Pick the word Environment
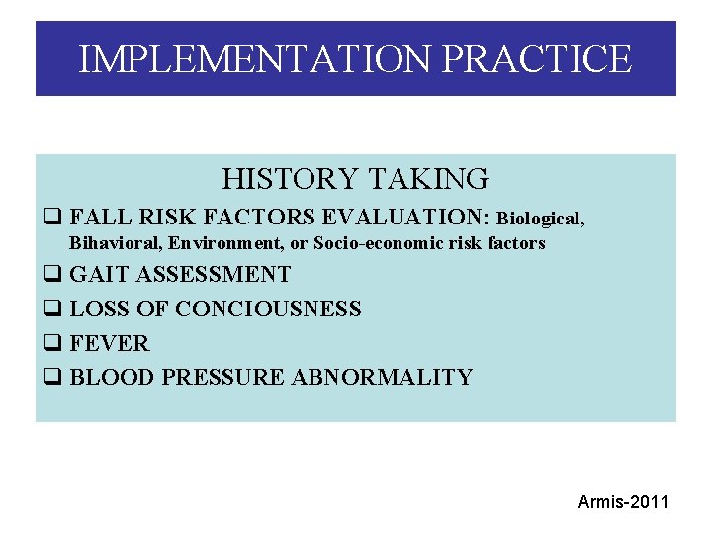point(218,243)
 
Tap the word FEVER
point(110,343)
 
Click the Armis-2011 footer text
point(623,502)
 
